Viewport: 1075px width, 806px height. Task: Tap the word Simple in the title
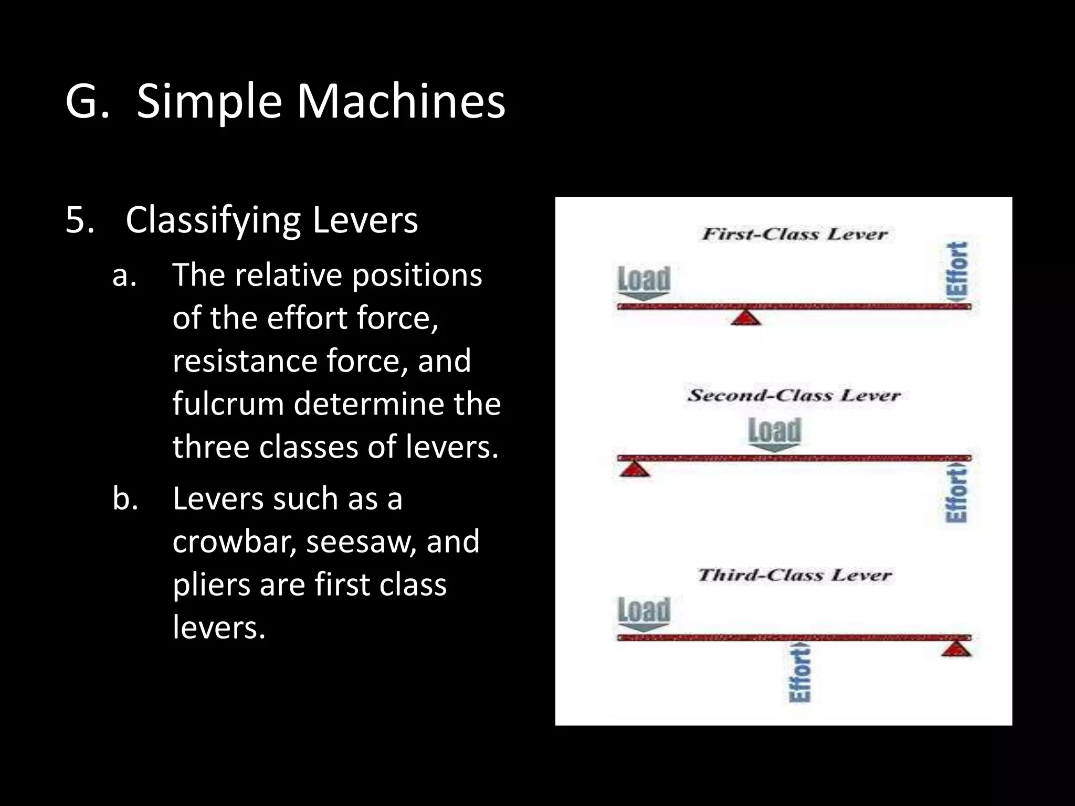pos(209,102)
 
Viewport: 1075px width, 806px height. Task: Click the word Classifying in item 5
pos(213,220)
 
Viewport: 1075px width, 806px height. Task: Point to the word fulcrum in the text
pos(228,404)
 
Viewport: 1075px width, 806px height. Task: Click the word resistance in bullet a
pos(245,360)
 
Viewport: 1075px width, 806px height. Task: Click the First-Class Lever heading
pos(794,234)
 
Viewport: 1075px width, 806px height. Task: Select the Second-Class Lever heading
pos(794,395)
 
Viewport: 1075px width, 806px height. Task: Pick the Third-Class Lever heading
pos(794,575)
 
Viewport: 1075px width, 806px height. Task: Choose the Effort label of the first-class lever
pos(957,270)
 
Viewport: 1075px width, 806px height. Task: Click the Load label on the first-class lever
pos(644,279)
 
